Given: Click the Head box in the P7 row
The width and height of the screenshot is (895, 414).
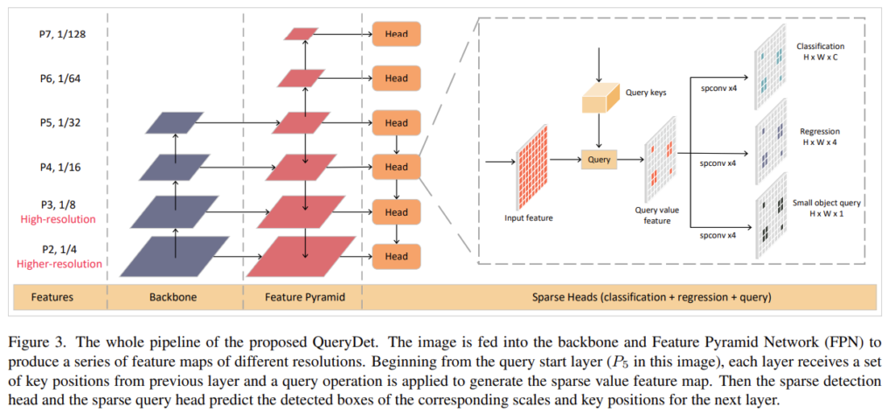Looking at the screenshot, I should (x=396, y=34).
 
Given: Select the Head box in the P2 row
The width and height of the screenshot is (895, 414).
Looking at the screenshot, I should (x=396, y=256).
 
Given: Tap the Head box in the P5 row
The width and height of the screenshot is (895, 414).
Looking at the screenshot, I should (x=396, y=122).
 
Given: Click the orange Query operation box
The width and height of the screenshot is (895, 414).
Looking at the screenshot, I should (x=599, y=160).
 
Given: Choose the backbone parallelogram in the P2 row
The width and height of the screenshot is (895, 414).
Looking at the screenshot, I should (x=175, y=254).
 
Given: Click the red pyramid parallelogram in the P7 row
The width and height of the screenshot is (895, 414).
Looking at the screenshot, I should (x=302, y=34).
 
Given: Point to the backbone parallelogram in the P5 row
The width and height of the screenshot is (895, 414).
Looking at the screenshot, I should (x=175, y=123).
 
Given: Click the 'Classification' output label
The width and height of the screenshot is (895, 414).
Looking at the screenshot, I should (x=822, y=45).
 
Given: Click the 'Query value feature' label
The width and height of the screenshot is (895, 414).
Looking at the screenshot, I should (x=663, y=215).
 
